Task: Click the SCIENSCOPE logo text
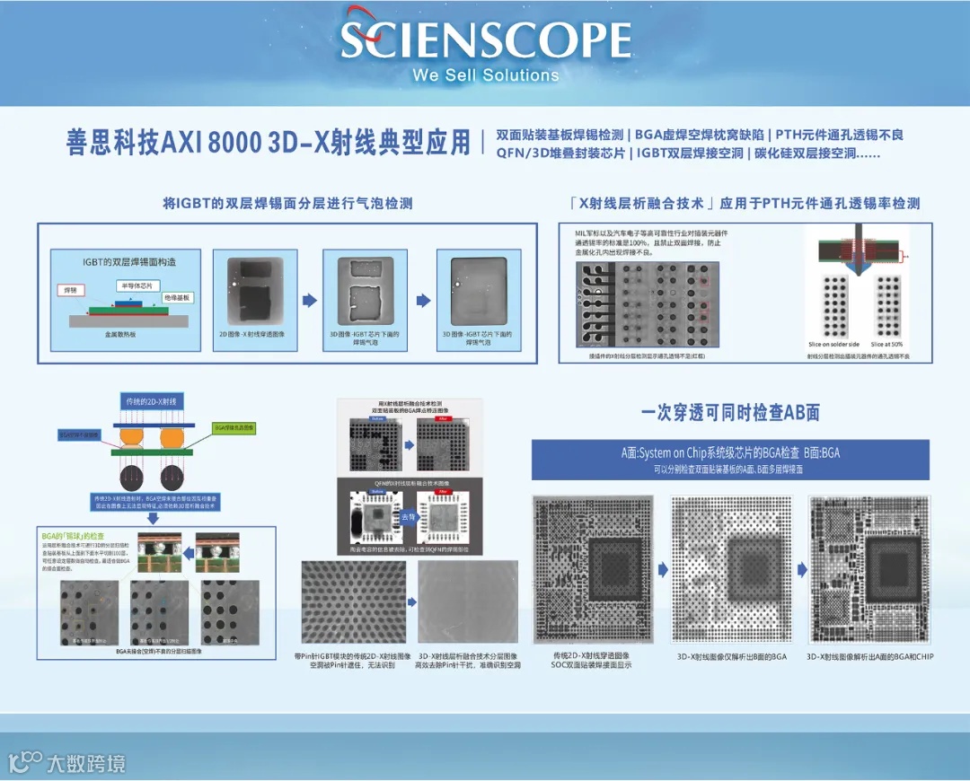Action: [485, 40]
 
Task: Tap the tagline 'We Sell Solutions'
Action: [485, 75]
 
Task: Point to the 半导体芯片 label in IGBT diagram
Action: [134, 285]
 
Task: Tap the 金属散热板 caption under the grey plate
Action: [119, 334]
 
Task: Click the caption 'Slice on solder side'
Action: [833, 344]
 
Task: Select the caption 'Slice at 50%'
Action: [886, 344]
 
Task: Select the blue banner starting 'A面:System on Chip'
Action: [730, 460]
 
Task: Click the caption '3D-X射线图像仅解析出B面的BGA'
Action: [731, 656]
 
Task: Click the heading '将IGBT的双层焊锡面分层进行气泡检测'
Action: [287, 204]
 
